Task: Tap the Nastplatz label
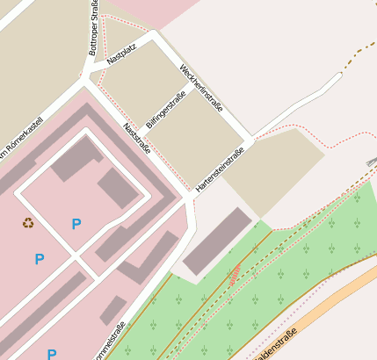[121, 55]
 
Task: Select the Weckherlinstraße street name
[201, 88]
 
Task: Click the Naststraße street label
[136, 139]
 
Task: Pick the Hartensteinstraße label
[220, 169]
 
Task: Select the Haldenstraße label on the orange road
[274, 344]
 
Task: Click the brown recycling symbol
[29, 223]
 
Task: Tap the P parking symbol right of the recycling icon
[76, 225]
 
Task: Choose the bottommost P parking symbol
[52, 354]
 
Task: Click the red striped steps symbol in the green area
[235, 275]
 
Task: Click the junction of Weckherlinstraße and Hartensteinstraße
[252, 140]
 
